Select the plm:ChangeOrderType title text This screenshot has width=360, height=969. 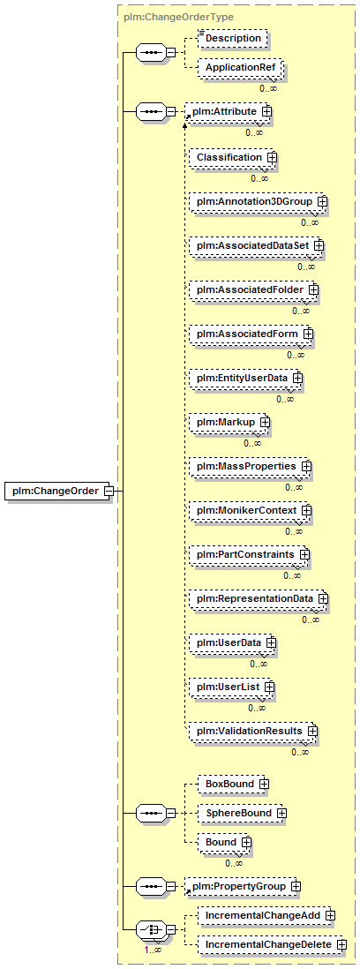point(178,18)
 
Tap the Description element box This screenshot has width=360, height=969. point(234,38)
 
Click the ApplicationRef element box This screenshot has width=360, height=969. point(240,67)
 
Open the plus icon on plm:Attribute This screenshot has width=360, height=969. point(266,111)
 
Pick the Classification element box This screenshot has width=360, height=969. point(234,158)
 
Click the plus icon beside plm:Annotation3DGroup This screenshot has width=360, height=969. point(322,201)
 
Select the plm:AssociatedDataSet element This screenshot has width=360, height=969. point(257,245)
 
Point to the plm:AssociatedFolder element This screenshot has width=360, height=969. point(254,289)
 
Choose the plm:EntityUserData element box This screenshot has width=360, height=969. point(246,377)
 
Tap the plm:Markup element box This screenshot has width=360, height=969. point(230,422)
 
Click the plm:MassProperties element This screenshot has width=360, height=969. point(250,465)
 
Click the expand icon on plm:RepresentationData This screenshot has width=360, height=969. point(322,598)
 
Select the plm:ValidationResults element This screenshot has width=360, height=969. point(253,731)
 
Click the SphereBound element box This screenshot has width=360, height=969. point(242,814)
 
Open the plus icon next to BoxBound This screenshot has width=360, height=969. point(264,785)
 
